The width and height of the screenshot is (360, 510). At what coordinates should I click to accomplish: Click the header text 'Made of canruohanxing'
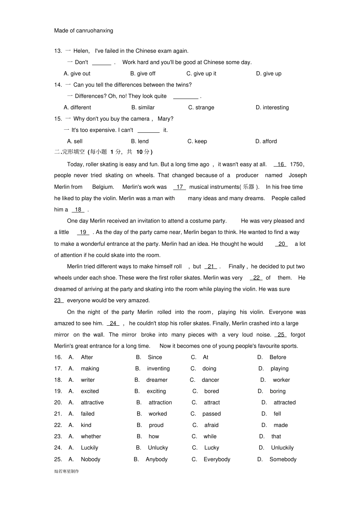pyautogui.click(x=83, y=31)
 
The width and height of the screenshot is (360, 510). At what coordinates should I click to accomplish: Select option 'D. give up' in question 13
pyautogui.click(x=269, y=74)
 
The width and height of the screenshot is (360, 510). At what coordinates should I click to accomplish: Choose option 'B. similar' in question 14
pyautogui.click(x=143, y=107)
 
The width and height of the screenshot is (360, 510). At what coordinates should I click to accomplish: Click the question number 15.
pyautogui.click(x=58, y=119)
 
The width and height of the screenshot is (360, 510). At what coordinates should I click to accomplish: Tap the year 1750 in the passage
pyautogui.click(x=296, y=164)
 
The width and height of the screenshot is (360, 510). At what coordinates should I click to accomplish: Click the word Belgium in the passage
pyautogui.click(x=103, y=187)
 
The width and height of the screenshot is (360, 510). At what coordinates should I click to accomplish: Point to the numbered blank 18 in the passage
pyautogui.click(x=78, y=210)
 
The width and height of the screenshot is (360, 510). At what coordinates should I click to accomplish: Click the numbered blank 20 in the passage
pyautogui.click(x=282, y=244)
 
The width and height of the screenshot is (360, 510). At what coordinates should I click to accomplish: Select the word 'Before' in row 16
pyautogui.click(x=278, y=357)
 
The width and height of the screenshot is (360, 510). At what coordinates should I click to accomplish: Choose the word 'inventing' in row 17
pyautogui.click(x=158, y=369)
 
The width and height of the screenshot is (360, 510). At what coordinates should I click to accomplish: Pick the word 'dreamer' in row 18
pyautogui.click(x=157, y=380)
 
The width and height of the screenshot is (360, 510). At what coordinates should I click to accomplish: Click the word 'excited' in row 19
pyautogui.click(x=90, y=391)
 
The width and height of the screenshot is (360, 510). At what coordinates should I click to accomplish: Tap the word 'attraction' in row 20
pyautogui.click(x=160, y=403)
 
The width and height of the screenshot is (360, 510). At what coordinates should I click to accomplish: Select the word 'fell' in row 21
pyautogui.click(x=277, y=414)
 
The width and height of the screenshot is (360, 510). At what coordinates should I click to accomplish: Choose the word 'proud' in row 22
pyautogui.click(x=156, y=425)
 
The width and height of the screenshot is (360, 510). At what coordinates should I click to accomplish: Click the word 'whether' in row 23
pyautogui.click(x=91, y=436)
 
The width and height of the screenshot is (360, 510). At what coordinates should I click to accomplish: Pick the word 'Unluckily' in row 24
pyautogui.click(x=282, y=448)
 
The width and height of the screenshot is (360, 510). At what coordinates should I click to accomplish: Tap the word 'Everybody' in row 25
pyautogui.click(x=217, y=459)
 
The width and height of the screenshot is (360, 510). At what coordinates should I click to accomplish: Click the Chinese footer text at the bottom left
pyautogui.click(x=67, y=471)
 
